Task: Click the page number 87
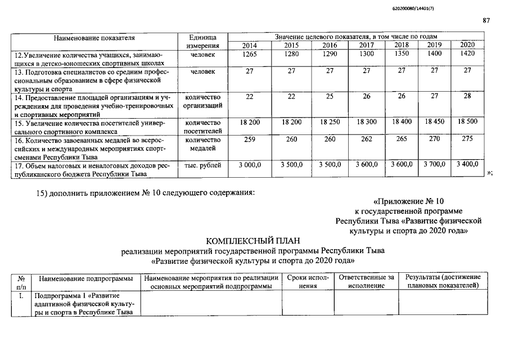487,21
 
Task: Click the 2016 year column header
330,45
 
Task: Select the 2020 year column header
467,45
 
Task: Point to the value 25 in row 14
330,97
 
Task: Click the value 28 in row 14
467,97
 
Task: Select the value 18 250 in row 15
330,122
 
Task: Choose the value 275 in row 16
467,139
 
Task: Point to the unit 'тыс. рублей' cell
200,165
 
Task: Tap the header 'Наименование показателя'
94,37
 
